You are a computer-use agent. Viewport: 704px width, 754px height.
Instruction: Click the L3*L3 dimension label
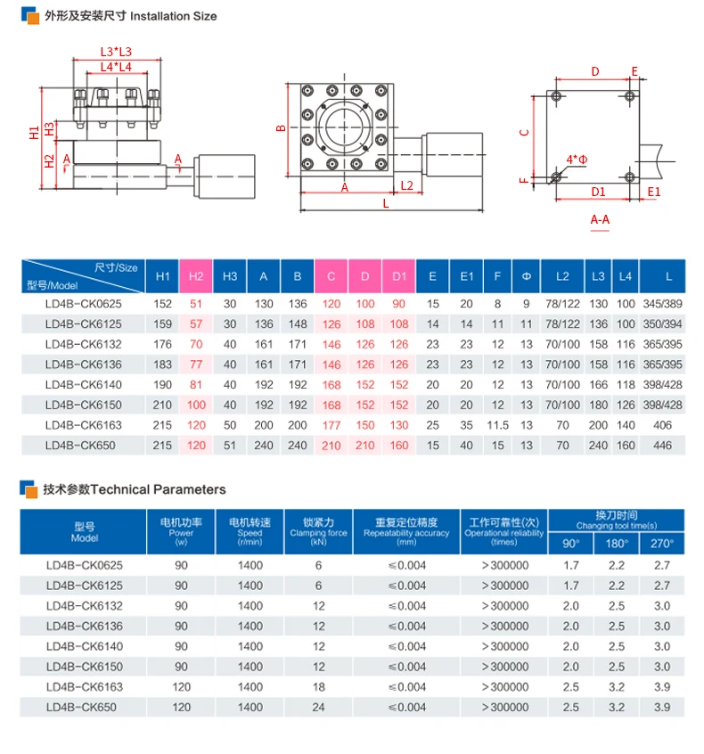(x=116, y=52)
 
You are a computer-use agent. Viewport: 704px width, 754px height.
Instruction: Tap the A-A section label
(x=600, y=220)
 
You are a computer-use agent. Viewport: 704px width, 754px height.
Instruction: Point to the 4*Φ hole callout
(x=577, y=160)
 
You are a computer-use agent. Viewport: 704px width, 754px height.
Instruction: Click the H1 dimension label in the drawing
(x=34, y=133)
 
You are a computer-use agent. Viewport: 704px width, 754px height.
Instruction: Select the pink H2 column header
(x=196, y=276)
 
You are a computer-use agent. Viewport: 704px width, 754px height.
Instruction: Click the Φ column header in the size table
(x=526, y=276)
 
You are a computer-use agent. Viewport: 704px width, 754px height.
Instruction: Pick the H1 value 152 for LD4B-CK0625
(x=162, y=304)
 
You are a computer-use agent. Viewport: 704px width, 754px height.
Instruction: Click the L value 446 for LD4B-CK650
(x=662, y=446)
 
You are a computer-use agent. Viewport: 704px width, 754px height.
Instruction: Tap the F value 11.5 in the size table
(x=497, y=425)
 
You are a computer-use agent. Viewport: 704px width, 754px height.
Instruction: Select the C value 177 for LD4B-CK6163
(x=332, y=425)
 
